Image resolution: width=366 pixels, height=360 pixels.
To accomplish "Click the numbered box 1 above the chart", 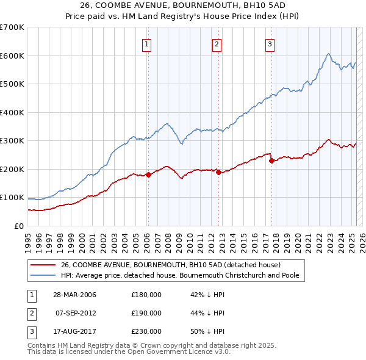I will click(148, 43).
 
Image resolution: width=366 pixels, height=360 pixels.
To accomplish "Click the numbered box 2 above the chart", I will click(217, 43).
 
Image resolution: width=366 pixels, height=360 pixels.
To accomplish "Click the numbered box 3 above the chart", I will click(270, 43).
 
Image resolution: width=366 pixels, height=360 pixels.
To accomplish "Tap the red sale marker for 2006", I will click(148, 175).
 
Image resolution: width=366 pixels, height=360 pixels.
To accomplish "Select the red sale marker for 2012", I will click(218, 172).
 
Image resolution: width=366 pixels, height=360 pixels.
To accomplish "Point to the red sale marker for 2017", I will click(271, 160).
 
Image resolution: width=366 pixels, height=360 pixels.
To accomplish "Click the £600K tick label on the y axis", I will click(12, 56).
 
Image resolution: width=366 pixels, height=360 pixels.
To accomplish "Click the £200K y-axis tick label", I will click(12, 169).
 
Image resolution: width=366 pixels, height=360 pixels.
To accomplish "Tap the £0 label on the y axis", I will click(19, 226).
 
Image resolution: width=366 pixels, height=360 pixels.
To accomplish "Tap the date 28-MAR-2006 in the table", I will click(74, 295).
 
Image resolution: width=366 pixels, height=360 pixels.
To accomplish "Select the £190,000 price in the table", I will click(146, 313).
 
